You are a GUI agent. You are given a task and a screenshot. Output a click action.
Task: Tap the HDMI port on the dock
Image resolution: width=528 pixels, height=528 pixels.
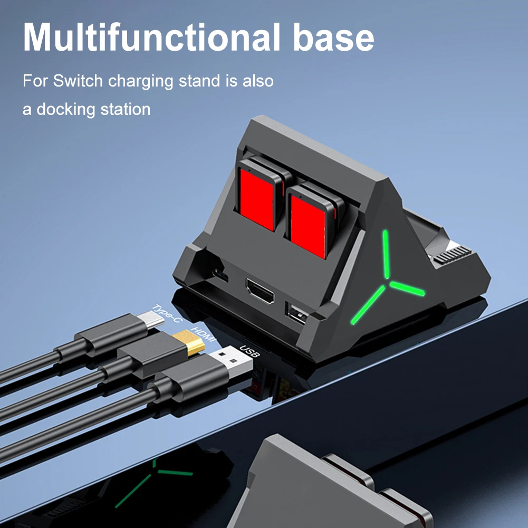260,292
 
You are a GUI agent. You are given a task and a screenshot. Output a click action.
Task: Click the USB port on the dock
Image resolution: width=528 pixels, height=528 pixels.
295,313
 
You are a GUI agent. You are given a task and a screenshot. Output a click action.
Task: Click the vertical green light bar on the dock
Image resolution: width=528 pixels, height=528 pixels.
387,254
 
